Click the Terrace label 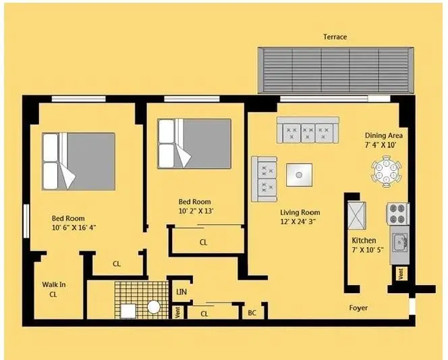[x=335, y=36]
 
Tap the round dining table [x=387, y=170]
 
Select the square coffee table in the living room [x=299, y=176]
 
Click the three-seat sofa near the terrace [x=308, y=129]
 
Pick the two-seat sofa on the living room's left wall [x=264, y=178]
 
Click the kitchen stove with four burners [x=397, y=213]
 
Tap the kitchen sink [x=399, y=240]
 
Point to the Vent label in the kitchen [x=401, y=274]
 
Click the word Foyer [x=358, y=308]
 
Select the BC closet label [x=252, y=313]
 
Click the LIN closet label [x=181, y=292]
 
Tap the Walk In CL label [x=53, y=289]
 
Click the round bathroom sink [x=154, y=307]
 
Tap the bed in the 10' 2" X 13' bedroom [x=194, y=144]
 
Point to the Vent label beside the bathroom [x=177, y=312]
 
